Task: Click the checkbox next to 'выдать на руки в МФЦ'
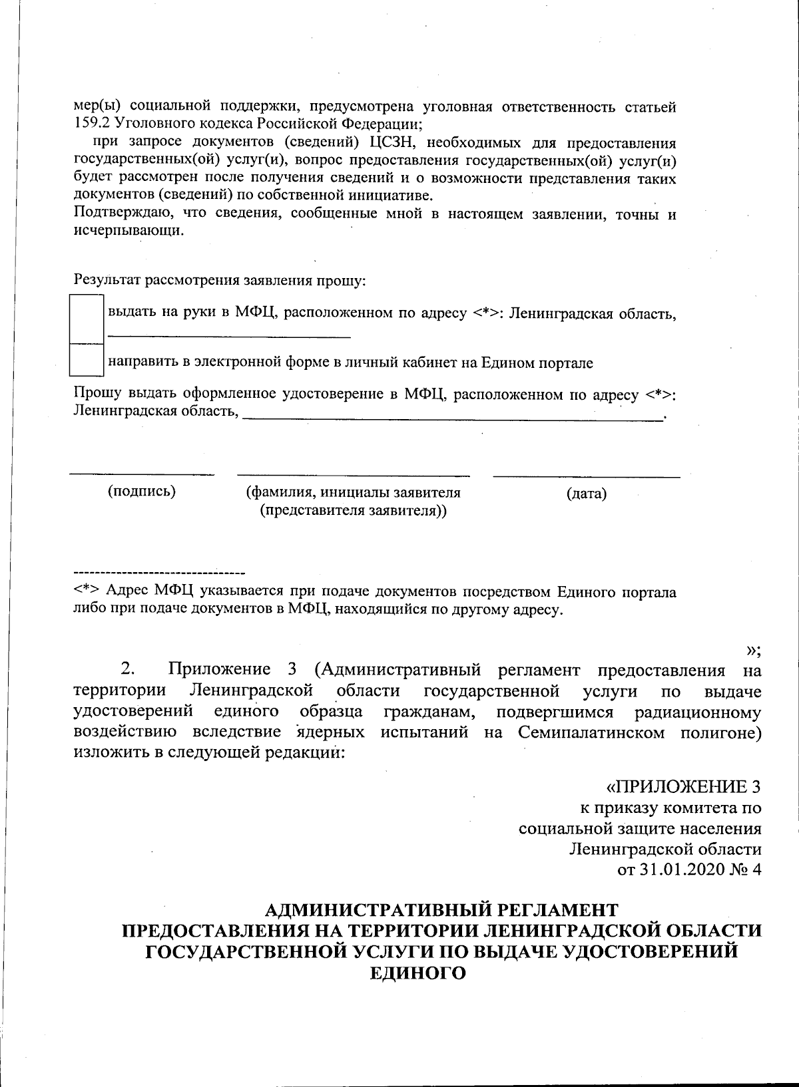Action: tap(87, 320)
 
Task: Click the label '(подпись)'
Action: tap(142, 492)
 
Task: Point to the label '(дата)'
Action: tap(587, 494)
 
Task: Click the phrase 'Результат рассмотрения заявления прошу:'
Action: tap(220, 280)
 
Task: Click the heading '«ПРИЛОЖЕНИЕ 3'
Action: tap(683, 787)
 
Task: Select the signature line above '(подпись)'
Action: tap(142, 474)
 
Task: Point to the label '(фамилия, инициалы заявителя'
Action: tap(353, 493)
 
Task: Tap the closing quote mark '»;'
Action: tap(754, 650)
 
